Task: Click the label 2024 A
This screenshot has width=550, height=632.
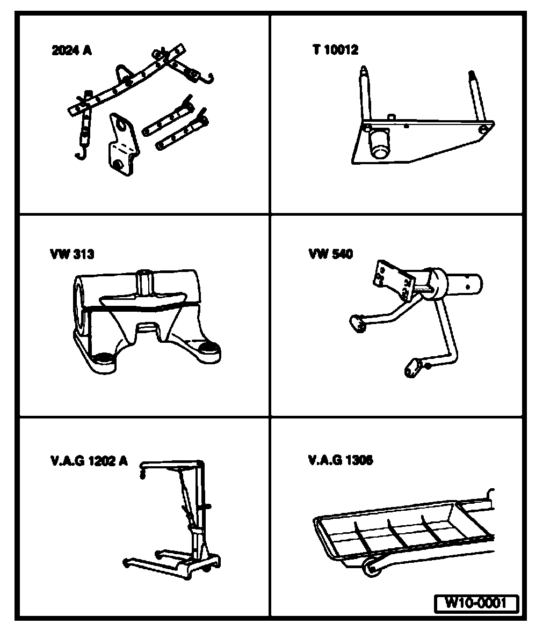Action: (71, 51)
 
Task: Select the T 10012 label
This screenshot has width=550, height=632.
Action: (335, 50)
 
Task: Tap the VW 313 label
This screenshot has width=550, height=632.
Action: (71, 254)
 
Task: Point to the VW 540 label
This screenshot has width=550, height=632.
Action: (330, 254)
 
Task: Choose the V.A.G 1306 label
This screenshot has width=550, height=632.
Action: (341, 460)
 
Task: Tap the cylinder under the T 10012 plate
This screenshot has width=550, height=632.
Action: (379, 144)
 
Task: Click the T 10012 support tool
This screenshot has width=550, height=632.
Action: (419, 134)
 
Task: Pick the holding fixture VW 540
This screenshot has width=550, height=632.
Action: (419, 311)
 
